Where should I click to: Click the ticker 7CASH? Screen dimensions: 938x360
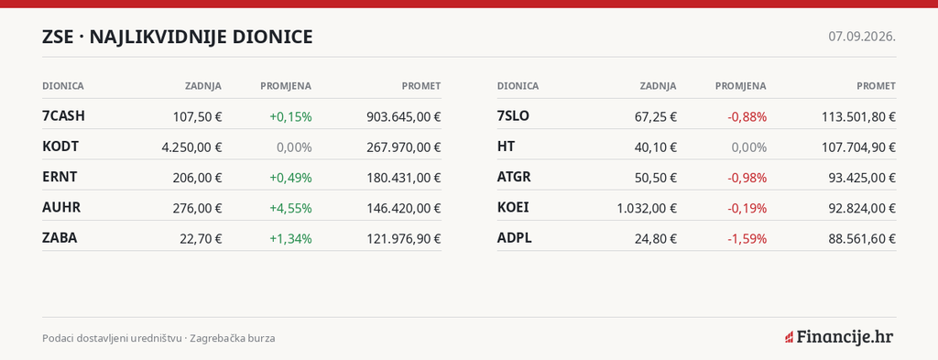tap(63, 116)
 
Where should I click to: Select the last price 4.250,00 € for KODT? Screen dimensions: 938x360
tap(191, 147)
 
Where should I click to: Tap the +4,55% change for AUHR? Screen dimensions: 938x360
tap(290, 208)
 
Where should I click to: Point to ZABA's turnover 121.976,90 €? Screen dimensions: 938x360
tap(404, 238)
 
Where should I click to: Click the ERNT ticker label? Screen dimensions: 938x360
tap(60, 177)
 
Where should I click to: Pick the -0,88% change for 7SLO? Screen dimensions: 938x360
tap(747, 116)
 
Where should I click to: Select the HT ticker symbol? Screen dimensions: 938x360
tap(506, 147)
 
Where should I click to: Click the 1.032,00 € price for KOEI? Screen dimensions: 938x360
tap(647, 208)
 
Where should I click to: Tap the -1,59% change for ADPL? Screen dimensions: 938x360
tap(747, 238)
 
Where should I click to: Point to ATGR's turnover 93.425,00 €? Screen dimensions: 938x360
tap(862, 178)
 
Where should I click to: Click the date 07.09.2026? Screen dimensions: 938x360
tap(862, 37)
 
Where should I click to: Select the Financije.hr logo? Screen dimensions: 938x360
tap(839, 337)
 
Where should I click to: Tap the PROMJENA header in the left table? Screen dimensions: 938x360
tap(286, 86)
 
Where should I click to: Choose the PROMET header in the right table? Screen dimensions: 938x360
tap(877, 86)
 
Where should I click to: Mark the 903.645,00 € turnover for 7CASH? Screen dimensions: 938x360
tap(404, 116)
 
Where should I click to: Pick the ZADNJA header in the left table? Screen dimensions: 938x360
tap(203, 86)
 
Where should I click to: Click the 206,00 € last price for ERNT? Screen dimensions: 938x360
tap(197, 178)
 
